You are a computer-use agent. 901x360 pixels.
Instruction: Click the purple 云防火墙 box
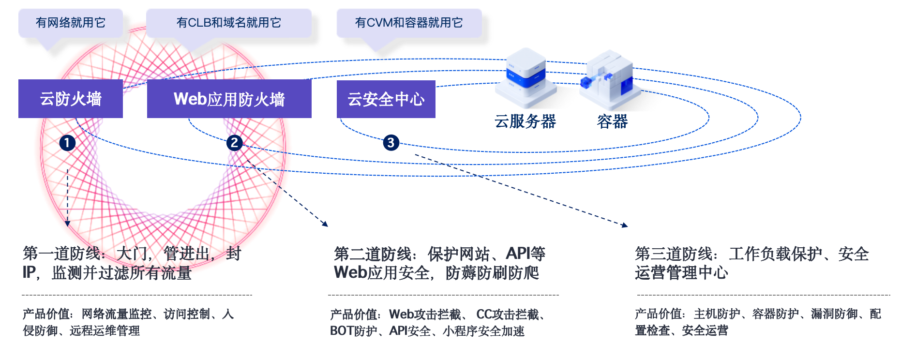[71, 99]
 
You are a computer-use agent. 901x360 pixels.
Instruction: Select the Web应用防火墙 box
[229, 99]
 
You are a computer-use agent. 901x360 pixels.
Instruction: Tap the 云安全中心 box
[386, 99]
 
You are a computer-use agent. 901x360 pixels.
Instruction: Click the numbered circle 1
[67, 143]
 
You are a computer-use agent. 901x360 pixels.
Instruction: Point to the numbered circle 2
[235, 143]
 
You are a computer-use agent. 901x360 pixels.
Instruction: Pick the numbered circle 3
[391, 143]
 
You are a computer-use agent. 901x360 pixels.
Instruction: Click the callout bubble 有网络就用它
[71, 23]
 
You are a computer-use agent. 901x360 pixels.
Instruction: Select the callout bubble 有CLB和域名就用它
[228, 23]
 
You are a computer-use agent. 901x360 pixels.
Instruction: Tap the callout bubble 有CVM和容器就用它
[409, 23]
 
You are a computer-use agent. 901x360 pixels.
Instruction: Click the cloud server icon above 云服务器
[526, 77]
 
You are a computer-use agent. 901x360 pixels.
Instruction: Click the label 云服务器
[525, 121]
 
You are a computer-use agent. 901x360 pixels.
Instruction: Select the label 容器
[612, 121]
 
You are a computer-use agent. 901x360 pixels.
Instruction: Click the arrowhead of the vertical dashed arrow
[68, 224]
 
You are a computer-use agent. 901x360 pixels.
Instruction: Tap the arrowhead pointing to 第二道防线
[326, 224]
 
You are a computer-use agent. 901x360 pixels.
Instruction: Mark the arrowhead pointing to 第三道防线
[625, 225]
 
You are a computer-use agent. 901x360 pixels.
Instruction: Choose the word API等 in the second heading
[526, 254]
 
